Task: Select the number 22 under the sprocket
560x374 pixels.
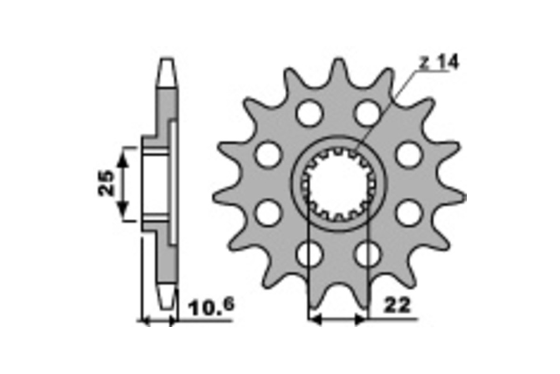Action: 398,306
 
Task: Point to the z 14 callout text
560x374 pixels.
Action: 439,62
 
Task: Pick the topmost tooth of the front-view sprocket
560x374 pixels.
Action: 337,65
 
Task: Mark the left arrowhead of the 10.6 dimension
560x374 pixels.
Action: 145,321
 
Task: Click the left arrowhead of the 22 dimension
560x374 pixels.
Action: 315,320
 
